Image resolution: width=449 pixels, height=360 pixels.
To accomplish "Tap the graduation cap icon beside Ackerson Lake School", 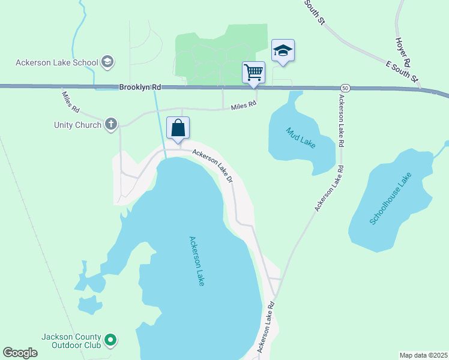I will pos(108,61).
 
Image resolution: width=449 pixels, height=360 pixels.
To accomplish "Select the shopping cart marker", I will pos(253,72).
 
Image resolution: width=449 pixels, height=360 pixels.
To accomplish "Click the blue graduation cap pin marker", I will pos(283,50).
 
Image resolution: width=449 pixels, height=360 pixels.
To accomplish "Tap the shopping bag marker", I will pos(178,128).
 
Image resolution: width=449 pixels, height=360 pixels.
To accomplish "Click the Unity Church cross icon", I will pos(110,125).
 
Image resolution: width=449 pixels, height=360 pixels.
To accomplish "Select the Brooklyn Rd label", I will pos(139,87).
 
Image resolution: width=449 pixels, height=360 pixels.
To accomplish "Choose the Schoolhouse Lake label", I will pos(390,199).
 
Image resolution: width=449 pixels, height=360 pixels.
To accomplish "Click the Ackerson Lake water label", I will pos(197,260).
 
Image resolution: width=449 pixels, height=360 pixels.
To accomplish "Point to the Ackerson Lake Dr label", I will pos(212,165).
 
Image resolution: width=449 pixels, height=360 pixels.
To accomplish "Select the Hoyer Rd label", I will pos(402,51).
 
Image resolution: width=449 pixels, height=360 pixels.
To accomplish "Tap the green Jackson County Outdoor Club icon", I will pos(110,341).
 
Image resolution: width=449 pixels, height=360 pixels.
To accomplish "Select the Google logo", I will pos(20,353).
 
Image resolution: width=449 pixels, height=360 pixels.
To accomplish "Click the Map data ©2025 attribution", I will pos(423,355).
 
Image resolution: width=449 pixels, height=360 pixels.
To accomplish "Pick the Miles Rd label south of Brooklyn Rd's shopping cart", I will pos(244,104).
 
